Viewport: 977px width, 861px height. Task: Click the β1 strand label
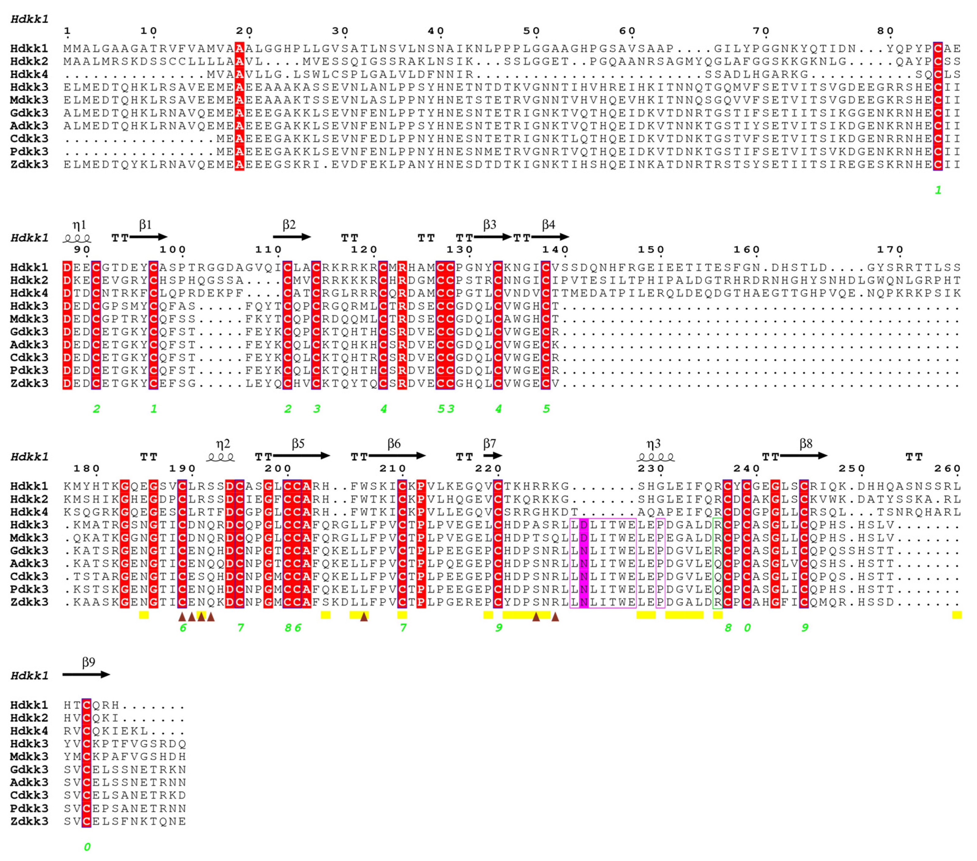(145, 225)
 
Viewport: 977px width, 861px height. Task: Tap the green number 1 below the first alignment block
(938, 190)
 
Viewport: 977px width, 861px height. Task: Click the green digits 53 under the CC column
(446, 409)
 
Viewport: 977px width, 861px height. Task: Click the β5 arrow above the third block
(301, 456)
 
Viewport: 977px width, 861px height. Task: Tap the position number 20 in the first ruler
(244, 31)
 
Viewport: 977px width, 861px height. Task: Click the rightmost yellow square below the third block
(956, 615)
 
